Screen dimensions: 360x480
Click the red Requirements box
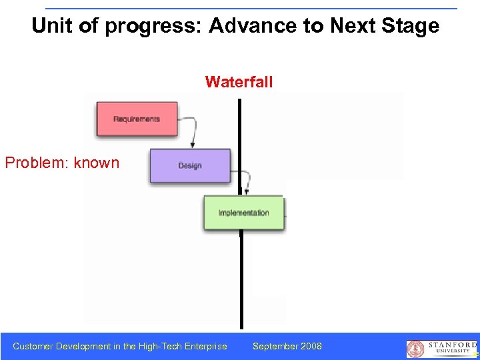(x=137, y=119)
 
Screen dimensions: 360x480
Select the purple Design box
(x=190, y=165)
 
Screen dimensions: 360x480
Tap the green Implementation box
(x=243, y=213)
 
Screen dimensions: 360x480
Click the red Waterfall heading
(x=239, y=82)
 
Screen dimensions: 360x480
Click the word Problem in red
(x=37, y=163)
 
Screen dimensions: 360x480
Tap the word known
(x=97, y=163)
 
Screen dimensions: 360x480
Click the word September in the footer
(x=274, y=346)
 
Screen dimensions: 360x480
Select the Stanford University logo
(x=442, y=348)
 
